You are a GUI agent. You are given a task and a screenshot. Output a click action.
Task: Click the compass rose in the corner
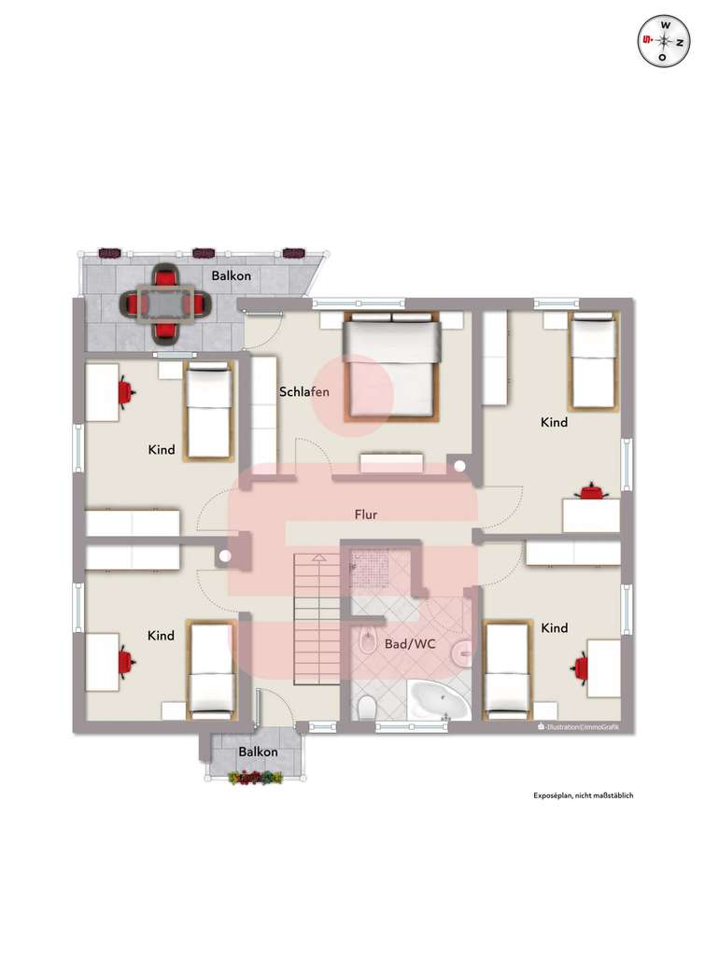663,41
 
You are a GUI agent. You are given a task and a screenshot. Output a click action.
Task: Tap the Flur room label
365,514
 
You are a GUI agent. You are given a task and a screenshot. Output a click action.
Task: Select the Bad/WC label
410,644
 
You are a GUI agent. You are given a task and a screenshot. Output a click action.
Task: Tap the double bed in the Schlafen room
391,367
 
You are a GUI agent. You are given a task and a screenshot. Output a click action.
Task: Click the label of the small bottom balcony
257,752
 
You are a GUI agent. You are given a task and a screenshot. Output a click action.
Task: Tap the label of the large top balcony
230,276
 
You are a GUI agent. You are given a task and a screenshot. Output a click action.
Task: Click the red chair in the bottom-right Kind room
581,667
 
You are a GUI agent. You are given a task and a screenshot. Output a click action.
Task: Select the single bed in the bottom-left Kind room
211,668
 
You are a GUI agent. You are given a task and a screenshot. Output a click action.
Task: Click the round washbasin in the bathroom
461,653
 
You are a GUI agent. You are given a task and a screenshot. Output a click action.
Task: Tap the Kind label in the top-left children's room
161,450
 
